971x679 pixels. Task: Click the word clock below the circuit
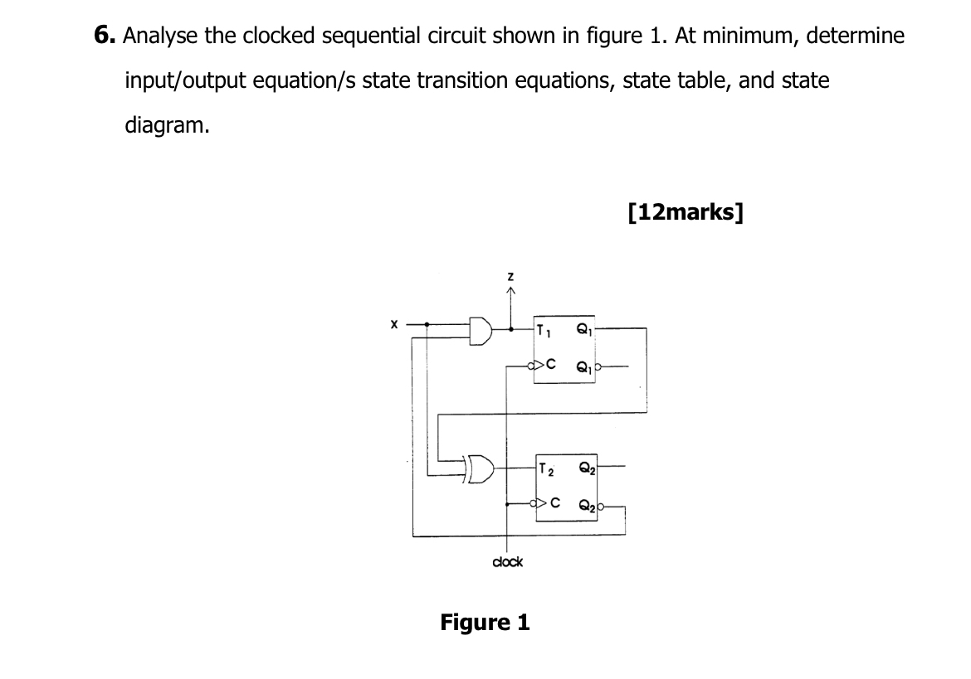[x=507, y=562]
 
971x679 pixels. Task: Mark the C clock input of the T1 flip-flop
[x=549, y=363]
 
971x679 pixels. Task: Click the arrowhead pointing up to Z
[x=512, y=292]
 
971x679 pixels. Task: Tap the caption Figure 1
[x=485, y=622]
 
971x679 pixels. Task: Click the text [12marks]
[x=686, y=212]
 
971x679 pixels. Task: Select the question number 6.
[x=104, y=36]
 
